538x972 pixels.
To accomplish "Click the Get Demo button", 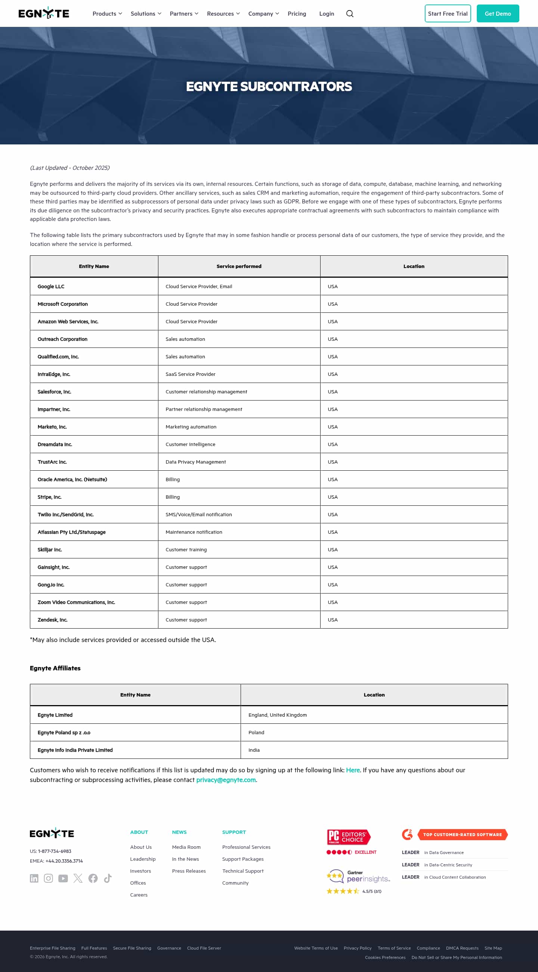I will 498,13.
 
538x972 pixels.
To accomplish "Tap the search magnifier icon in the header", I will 350,13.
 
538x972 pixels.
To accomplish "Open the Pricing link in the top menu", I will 297,13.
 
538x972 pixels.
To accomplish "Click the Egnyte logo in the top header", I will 44,13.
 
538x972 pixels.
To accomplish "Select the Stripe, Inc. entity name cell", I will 49,497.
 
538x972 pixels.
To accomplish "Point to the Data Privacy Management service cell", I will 195,462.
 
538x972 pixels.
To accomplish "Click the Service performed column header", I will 239,267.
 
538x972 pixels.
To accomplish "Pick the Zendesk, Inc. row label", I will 52,620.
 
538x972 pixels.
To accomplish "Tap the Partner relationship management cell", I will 204,409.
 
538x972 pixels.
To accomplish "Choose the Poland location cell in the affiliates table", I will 256,732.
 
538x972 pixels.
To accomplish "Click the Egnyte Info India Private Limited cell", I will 75,750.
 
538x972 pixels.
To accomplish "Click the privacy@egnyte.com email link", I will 226,780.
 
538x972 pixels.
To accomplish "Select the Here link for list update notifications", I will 353,770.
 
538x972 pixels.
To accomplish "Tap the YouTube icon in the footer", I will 63,878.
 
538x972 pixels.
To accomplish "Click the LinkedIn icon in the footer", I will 34,878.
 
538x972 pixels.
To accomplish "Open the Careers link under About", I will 139,895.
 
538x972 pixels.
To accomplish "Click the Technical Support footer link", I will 243,871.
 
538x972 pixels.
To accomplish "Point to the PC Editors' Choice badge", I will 349,837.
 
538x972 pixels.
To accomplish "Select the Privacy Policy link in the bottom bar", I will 357,948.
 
